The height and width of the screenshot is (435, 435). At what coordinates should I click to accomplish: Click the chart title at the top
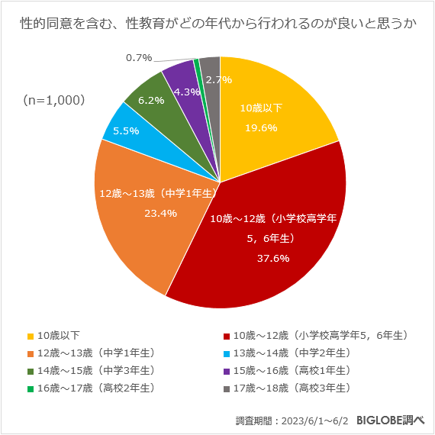tap(217, 24)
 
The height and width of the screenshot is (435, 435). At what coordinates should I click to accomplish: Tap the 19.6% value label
tap(261, 128)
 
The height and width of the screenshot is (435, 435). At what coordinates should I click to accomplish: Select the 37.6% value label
tap(272, 258)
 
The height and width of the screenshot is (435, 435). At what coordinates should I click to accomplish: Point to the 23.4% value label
tap(160, 213)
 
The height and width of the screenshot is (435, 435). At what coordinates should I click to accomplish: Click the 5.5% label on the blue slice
tap(126, 130)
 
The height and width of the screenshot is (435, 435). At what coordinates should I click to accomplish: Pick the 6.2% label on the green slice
tap(151, 100)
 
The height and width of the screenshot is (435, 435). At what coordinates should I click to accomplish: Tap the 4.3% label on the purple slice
tap(187, 92)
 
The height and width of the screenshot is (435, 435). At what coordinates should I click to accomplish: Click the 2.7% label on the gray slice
tap(219, 79)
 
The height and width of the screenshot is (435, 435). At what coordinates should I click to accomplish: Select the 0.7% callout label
tap(139, 57)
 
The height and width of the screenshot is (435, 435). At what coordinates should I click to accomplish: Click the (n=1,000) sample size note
tap(53, 100)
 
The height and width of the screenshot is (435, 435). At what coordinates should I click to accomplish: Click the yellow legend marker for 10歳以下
tap(31, 336)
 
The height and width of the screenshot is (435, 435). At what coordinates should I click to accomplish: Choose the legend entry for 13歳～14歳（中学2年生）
tap(292, 353)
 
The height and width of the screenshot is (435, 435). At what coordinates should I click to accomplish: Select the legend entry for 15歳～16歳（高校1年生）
tap(292, 370)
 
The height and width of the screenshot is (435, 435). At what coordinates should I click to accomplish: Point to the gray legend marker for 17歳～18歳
tap(226, 388)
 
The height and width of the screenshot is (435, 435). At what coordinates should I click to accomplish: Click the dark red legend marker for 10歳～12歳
tap(226, 336)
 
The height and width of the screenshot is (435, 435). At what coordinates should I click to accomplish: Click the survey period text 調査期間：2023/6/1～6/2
tap(292, 420)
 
